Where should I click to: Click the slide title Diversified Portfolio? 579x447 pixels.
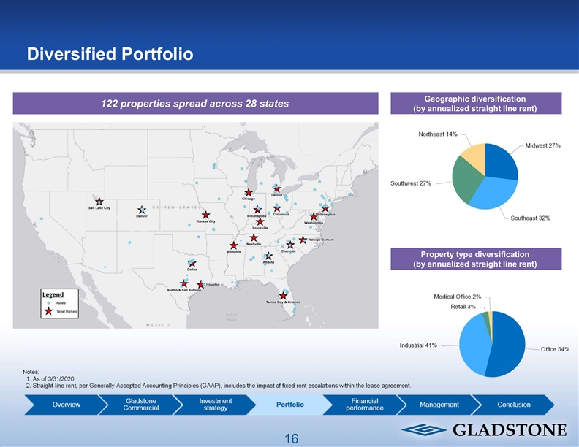coord(110,54)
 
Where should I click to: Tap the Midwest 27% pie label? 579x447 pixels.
coord(542,145)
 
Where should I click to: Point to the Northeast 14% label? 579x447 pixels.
coord(438,134)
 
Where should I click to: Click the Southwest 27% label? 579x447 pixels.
coord(410,183)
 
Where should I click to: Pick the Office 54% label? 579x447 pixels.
coord(555,349)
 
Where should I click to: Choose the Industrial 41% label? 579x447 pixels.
coord(418,345)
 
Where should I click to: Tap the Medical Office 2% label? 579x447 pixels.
coord(458,296)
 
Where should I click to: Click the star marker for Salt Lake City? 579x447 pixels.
coord(99,202)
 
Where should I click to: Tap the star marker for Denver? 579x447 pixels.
coord(142,210)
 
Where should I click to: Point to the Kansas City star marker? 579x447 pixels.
coord(206,215)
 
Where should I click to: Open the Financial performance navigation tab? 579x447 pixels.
coord(364,405)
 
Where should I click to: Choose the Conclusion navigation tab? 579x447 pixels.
coord(513,405)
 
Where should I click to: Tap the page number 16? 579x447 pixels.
coord(292,438)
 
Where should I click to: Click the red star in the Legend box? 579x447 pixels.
coord(48,311)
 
